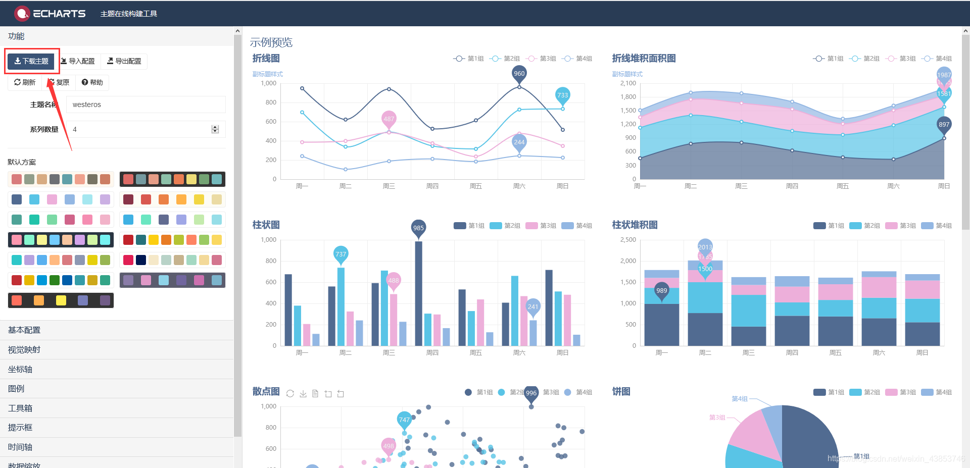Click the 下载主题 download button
tap(31, 61)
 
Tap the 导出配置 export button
tap(124, 61)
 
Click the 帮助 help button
tap(92, 82)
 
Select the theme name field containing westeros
tap(145, 105)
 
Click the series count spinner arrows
tap(215, 129)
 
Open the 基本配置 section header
tap(24, 330)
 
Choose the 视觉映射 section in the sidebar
tap(24, 350)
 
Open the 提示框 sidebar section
tap(20, 428)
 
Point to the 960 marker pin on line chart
tap(519, 74)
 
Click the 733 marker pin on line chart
tap(562, 95)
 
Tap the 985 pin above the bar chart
tap(418, 228)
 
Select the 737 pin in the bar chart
tap(341, 254)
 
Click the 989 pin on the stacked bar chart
tap(661, 290)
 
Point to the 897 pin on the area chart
tap(944, 124)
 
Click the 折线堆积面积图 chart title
tap(644, 59)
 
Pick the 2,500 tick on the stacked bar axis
tap(628, 240)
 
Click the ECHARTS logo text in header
tap(59, 14)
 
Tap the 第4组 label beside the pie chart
tap(740, 399)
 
